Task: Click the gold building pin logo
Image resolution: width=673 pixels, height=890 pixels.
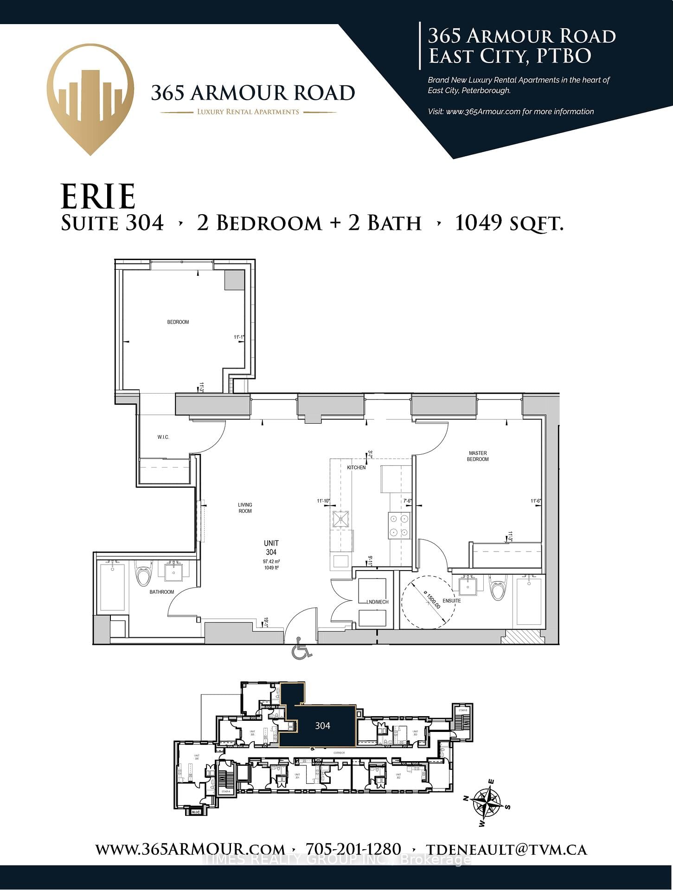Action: click(x=90, y=97)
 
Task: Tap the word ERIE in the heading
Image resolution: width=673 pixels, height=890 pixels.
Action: click(x=98, y=197)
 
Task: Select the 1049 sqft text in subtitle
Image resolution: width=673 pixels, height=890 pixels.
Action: click(x=509, y=223)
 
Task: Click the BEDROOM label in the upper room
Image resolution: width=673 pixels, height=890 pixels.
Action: click(x=178, y=322)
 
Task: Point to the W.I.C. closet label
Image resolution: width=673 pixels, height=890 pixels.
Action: click(x=163, y=437)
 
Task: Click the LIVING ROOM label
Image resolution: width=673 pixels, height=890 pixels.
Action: click(x=245, y=508)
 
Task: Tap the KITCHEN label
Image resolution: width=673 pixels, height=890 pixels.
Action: click(x=356, y=467)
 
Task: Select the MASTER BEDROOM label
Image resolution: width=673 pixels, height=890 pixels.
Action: click(x=478, y=456)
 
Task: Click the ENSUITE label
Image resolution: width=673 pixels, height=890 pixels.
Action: click(x=451, y=601)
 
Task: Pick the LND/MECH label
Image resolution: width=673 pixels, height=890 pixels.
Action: click(x=377, y=602)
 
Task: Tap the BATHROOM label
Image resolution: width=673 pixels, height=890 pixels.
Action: click(x=161, y=592)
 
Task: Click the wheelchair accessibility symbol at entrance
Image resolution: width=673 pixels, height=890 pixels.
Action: click(x=301, y=648)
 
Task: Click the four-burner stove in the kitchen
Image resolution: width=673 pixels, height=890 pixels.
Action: click(x=399, y=526)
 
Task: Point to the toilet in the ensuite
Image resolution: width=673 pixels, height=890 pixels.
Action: click(x=499, y=588)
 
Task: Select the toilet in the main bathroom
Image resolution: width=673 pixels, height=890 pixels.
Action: click(x=143, y=575)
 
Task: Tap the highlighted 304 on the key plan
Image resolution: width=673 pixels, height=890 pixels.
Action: click(x=322, y=726)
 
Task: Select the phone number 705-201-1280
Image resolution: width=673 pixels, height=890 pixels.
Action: click(x=353, y=849)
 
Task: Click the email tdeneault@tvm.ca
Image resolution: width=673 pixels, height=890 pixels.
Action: click(x=506, y=849)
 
